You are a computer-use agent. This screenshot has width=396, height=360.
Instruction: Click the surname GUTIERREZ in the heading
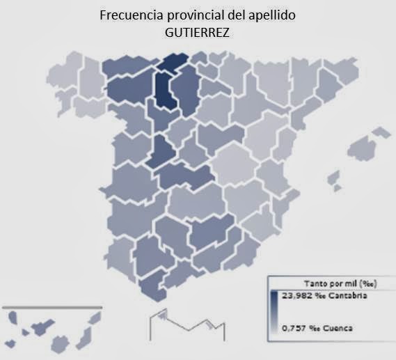coord(198,31)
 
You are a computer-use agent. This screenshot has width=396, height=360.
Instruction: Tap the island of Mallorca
coord(361,148)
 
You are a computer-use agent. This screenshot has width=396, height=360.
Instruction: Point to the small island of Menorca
coord(381,132)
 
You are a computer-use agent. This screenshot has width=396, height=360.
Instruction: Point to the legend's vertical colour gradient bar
coord(273,311)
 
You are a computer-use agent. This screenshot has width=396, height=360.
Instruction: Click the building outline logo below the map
coord(187,324)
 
